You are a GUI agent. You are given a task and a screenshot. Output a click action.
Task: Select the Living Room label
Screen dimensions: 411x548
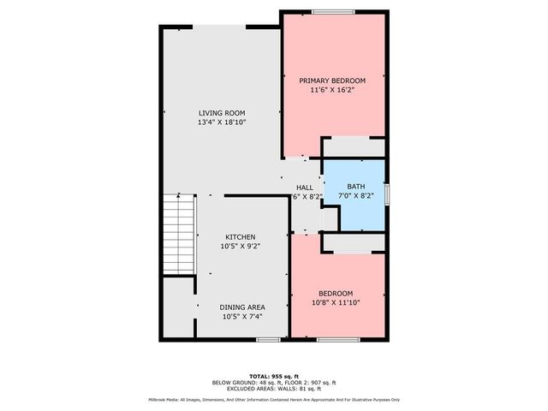222,113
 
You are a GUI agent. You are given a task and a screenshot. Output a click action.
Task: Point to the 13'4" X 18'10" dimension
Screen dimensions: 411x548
222,122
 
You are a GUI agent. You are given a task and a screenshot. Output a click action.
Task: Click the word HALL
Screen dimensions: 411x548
304,188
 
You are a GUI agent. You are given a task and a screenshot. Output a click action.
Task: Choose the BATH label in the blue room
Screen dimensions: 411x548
355,186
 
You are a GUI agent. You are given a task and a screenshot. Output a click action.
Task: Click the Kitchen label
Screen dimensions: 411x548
240,237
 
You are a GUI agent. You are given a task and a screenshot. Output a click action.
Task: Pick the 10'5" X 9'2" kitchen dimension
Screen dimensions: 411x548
240,246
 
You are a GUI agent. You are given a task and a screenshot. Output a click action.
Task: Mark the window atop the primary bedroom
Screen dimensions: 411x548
327,11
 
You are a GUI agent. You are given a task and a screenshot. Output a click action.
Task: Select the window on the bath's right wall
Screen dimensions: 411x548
387,194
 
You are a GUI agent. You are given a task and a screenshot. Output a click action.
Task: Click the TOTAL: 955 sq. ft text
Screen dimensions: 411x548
274,376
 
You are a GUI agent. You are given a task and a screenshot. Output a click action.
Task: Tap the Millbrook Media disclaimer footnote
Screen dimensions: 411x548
274,399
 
